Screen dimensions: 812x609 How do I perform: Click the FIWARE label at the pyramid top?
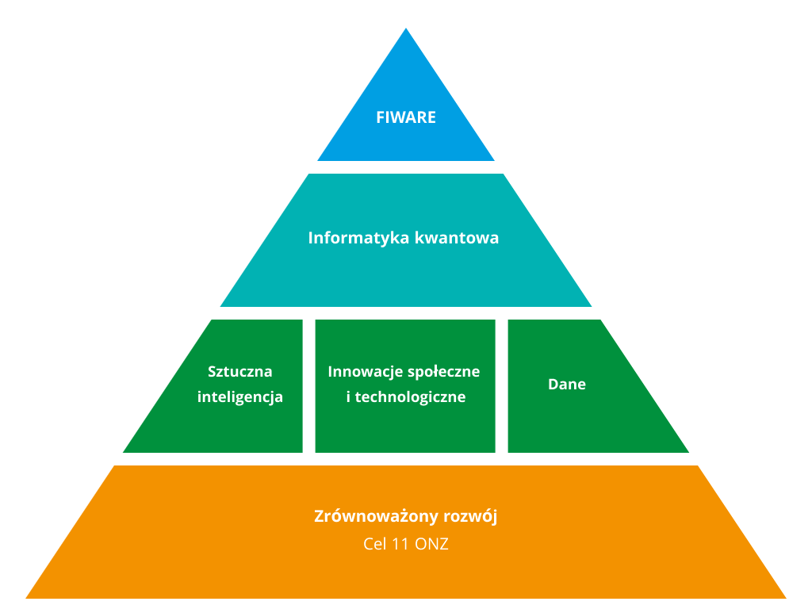406,117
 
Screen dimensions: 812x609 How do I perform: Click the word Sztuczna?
239,371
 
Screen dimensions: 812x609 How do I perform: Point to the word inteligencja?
239,397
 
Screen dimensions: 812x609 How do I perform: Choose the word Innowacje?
365,372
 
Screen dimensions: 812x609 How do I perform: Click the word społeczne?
444,372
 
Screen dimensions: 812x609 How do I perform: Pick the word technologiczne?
410,397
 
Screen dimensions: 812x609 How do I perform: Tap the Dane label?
567,385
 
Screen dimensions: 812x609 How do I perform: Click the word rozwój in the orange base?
473,516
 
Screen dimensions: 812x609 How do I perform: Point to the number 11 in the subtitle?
400,544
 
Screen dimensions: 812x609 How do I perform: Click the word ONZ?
432,544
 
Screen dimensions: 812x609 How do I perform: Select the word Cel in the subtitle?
375,544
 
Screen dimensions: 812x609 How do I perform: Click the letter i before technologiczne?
349,396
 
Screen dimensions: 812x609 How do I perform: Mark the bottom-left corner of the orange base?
26,598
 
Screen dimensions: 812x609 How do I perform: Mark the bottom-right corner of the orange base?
786,598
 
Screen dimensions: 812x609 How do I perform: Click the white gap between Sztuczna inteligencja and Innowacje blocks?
309,386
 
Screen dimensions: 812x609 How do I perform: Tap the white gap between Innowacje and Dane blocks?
502,386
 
